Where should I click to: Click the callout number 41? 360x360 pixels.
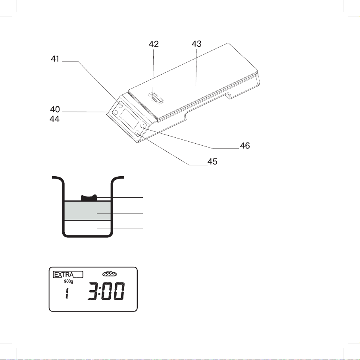(x=55, y=59)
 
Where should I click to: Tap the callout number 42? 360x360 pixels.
(x=154, y=44)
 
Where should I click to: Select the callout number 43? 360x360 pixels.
(x=196, y=44)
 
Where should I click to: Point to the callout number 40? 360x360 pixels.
(x=55, y=110)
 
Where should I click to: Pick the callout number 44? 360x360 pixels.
(x=55, y=119)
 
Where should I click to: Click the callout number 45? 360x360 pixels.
(x=212, y=162)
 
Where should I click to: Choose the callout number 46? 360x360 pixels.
(x=245, y=146)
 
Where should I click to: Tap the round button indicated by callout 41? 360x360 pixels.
(x=121, y=106)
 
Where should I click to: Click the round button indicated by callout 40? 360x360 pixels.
(x=116, y=112)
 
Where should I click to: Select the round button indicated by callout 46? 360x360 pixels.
(x=142, y=126)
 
